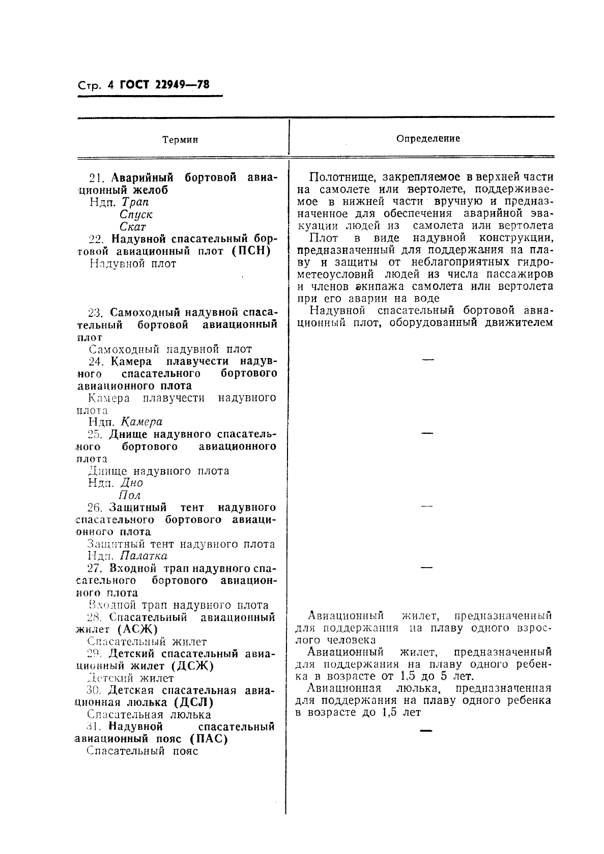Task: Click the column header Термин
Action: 180,140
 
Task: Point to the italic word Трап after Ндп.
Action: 135,202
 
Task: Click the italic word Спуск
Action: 136,215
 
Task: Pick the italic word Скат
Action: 133,227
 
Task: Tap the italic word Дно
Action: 131,483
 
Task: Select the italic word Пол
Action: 129,495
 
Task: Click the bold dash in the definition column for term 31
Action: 426,731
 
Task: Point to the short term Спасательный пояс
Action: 142,751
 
